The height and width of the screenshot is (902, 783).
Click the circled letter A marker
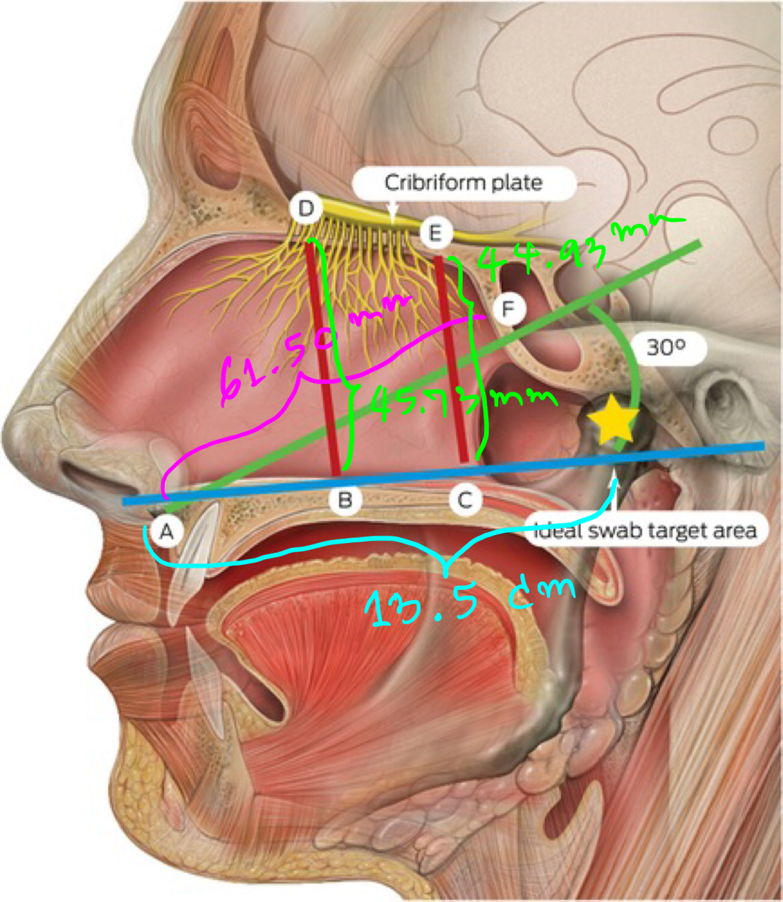click(166, 532)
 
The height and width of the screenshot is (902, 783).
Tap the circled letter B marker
click(345, 500)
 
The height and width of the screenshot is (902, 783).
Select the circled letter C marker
click(464, 500)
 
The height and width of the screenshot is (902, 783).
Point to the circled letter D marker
click(306, 209)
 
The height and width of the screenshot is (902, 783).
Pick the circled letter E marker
click(435, 233)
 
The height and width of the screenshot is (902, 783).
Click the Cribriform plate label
click(464, 183)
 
